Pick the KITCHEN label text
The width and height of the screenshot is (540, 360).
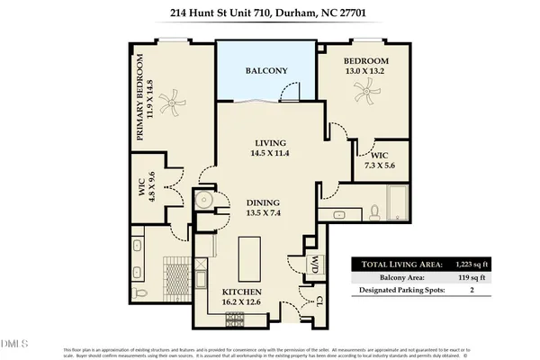pyautogui.click(x=242, y=293)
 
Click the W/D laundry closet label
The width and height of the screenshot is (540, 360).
pyautogui.click(x=316, y=264)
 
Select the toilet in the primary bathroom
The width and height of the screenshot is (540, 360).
pyautogui.click(x=138, y=293)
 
